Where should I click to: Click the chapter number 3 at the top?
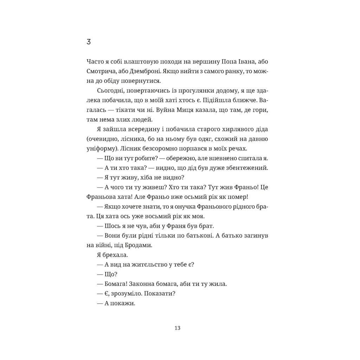click(x=88, y=42)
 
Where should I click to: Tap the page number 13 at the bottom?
click(x=177, y=328)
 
